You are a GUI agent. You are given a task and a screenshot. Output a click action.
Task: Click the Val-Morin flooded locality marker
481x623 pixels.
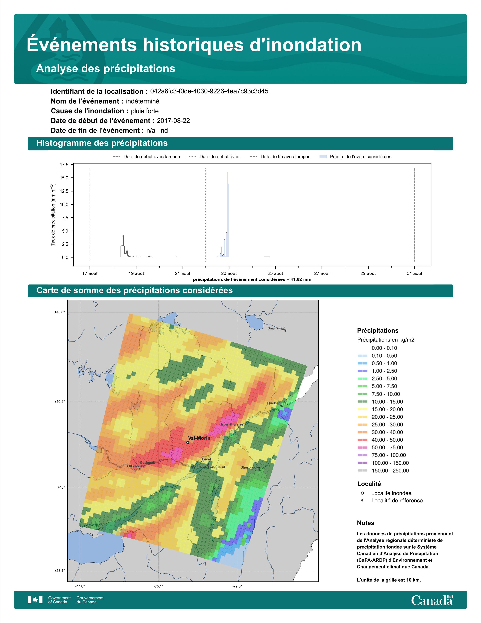[187, 443]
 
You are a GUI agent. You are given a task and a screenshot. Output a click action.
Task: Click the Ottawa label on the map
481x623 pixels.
[133, 466]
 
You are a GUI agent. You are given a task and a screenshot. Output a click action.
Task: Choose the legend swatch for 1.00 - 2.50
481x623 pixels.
[362, 371]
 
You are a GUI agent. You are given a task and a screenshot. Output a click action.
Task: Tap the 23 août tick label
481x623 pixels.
[229, 273]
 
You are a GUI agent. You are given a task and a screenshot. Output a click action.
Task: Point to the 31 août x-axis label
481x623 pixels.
[414, 273]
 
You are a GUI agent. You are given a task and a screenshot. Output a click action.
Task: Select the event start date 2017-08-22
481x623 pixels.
[173, 121]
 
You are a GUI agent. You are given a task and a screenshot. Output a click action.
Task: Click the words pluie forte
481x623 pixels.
[145, 111]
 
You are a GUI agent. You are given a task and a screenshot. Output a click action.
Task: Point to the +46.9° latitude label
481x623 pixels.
[60, 401]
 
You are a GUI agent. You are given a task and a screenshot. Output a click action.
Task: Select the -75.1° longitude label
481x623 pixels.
[159, 586]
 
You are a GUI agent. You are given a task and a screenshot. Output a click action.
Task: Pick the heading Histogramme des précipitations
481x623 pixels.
[102, 143]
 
